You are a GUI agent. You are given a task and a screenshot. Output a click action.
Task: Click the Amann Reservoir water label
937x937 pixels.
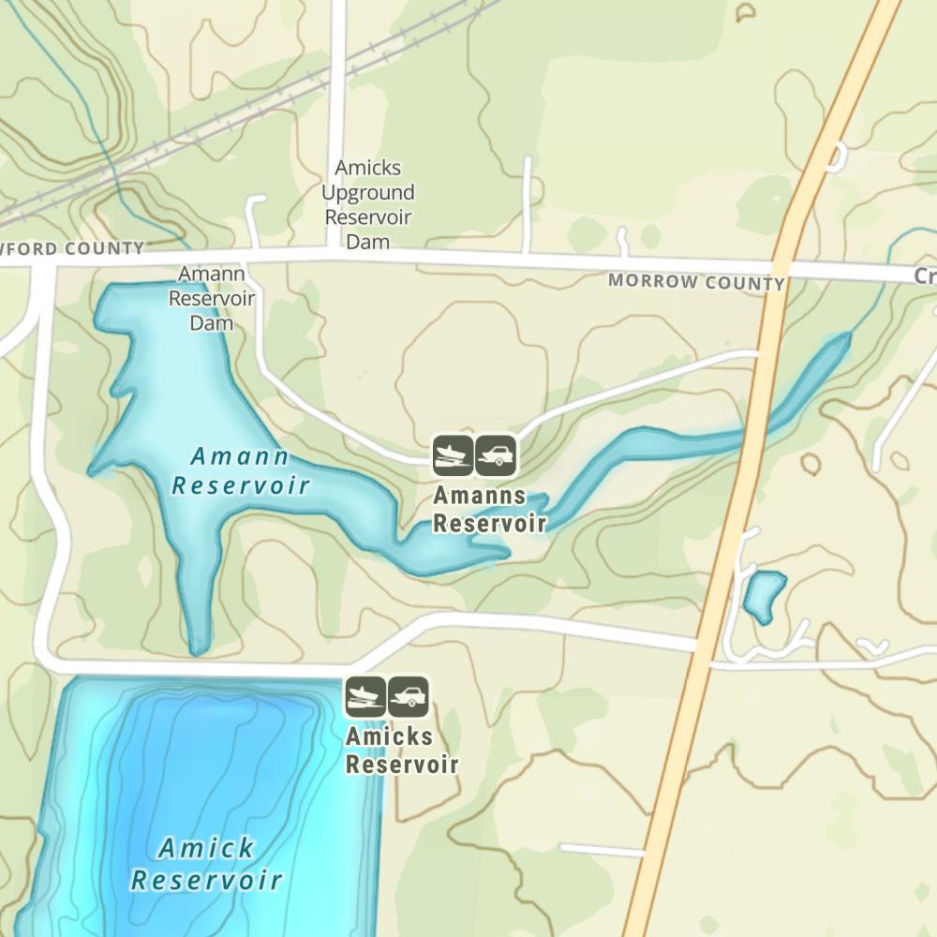click(241, 470)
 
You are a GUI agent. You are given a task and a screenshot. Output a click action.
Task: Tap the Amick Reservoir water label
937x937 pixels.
click(206, 864)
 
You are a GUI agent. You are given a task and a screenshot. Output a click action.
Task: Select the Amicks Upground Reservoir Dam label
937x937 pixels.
click(368, 204)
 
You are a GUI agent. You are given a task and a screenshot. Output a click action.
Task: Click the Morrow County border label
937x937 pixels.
click(696, 281)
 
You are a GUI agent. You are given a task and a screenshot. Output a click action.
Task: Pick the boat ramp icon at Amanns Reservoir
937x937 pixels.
click(453, 455)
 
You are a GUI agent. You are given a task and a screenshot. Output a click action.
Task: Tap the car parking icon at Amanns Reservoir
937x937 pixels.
click(496, 455)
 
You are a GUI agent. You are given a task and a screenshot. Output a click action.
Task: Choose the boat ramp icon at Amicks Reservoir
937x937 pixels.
click(365, 696)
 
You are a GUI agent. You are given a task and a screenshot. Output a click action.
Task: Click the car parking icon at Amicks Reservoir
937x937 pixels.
click(409, 696)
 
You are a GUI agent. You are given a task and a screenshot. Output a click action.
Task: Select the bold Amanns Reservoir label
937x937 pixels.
click(489, 510)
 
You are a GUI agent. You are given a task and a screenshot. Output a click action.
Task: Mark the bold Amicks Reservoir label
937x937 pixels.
click(402, 751)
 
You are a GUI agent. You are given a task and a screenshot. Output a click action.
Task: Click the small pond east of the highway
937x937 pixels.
click(764, 594)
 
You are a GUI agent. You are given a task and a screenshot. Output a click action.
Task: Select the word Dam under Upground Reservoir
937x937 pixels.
click(367, 242)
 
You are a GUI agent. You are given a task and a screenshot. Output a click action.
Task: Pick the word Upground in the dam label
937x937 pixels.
click(368, 193)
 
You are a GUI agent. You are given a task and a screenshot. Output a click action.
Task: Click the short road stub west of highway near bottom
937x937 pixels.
click(601, 850)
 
